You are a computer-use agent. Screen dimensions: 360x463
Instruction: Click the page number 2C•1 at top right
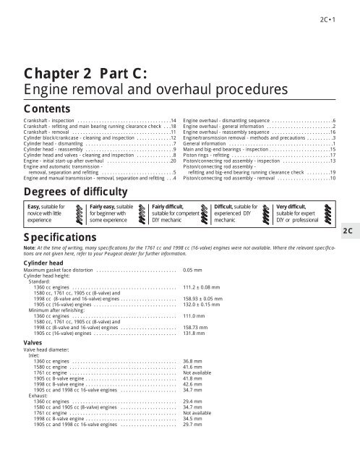(x=342, y=10)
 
